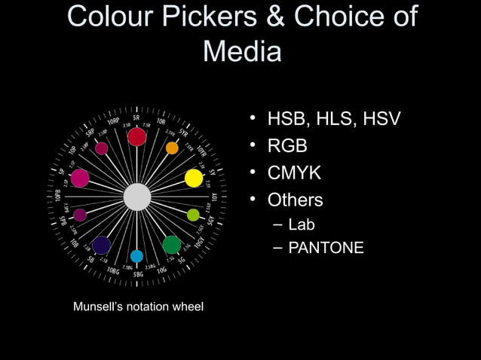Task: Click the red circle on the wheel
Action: pyautogui.click(x=136, y=136)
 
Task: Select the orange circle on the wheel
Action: pyautogui.click(x=172, y=148)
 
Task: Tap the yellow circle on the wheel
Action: pyautogui.click(x=194, y=178)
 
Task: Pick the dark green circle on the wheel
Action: pyautogui.click(x=172, y=245)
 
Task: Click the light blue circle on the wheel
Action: pyautogui.click(x=136, y=256)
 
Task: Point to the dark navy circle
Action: pyautogui.click(x=102, y=245)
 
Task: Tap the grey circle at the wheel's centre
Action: pyautogui.click(x=137, y=197)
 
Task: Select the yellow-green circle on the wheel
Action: pyautogui.click(x=194, y=215)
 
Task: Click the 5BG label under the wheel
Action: pyautogui.click(x=138, y=274)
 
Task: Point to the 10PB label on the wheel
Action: pyautogui.click(x=59, y=197)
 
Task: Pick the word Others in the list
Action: pyautogui.click(x=296, y=201)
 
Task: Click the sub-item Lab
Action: pyautogui.click(x=302, y=224)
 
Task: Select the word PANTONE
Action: pyautogui.click(x=326, y=247)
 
